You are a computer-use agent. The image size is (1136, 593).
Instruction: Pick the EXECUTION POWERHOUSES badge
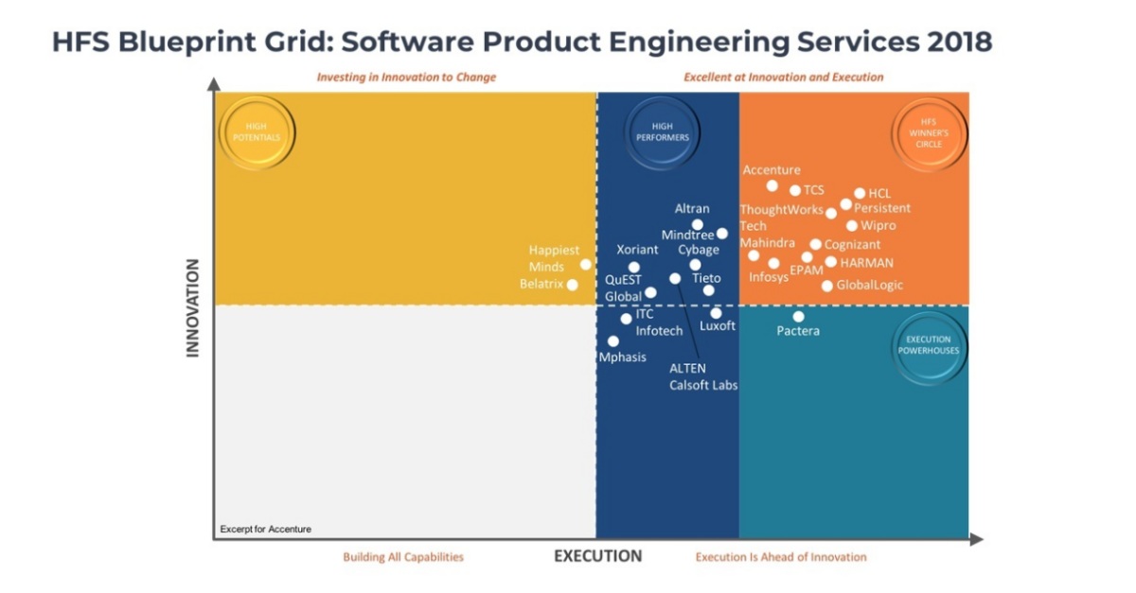(x=932, y=346)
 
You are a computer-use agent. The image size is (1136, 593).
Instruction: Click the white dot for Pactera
(x=798, y=317)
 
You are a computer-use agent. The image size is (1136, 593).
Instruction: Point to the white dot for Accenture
(x=772, y=185)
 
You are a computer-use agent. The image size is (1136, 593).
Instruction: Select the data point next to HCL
(x=860, y=193)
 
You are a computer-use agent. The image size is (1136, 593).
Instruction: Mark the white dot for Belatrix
(x=572, y=285)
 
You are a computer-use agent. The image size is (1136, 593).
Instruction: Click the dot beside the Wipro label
(x=852, y=226)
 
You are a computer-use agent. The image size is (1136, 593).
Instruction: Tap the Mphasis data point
(x=613, y=341)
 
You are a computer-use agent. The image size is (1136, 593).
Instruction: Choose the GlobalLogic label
(x=869, y=285)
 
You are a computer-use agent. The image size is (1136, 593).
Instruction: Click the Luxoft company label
(x=718, y=326)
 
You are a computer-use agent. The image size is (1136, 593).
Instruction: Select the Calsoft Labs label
(x=703, y=385)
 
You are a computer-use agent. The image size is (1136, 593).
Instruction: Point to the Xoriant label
(x=637, y=250)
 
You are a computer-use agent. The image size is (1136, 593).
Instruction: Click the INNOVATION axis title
(x=193, y=307)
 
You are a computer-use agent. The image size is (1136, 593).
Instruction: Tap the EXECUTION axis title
(x=597, y=556)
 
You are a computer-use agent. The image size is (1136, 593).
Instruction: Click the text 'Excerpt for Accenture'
(x=266, y=529)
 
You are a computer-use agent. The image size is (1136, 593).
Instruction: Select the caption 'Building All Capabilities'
(x=403, y=557)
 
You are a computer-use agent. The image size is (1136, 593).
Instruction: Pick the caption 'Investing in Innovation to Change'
(x=406, y=77)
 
